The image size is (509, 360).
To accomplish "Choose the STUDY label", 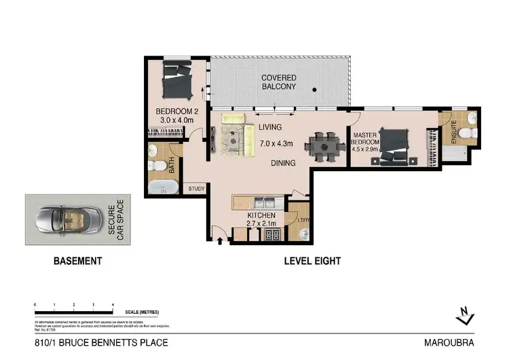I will coord(197,189).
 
